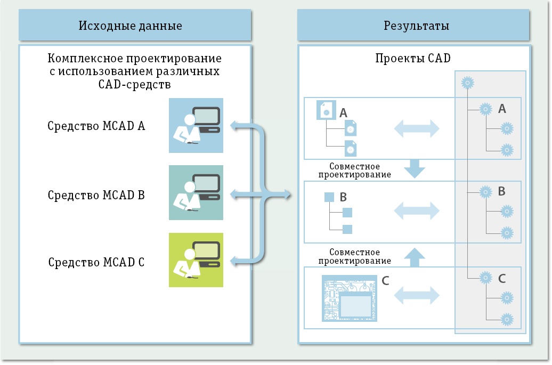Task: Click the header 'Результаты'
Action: (x=416, y=26)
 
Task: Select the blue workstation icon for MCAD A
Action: (x=196, y=125)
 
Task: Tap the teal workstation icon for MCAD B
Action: (x=196, y=192)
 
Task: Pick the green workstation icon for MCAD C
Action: (x=196, y=260)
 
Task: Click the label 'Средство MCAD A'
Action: (x=96, y=126)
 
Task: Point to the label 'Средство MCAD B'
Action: (x=96, y=195)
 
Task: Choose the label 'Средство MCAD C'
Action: (x=96, y=263)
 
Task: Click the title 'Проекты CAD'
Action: (x=412, y=59)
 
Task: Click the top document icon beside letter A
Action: (x=326, y=110)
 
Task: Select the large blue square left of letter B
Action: (x=329, y=197)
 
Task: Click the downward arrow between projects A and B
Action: (x=414, y=169)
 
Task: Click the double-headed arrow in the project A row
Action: (x=416, y=128)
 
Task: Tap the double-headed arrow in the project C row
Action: (x=416, y=294)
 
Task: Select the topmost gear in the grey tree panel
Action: (x=467, y=83)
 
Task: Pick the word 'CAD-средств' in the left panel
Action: (x=135, y=84)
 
